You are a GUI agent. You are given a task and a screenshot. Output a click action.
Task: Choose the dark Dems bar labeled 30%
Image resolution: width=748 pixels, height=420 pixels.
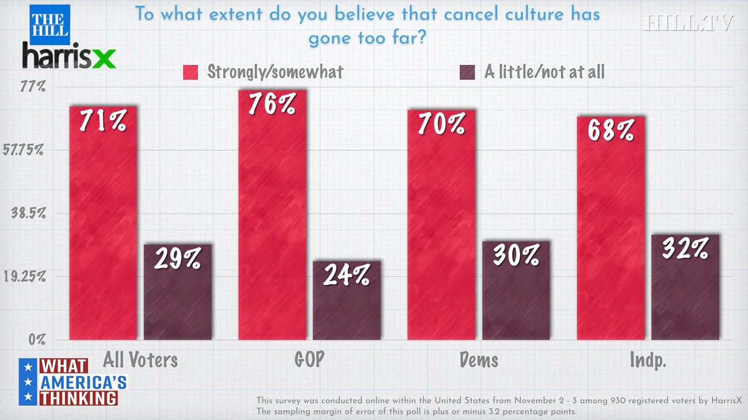tap(516, 290)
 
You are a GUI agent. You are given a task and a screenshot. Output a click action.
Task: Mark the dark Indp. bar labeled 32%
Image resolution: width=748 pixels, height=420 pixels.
tap(685, 287)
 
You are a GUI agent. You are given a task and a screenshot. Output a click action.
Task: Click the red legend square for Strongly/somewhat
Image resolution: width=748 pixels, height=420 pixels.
tap(190, 72)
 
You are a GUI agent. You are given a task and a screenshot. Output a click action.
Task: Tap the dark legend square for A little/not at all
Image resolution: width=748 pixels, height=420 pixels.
tap(467, 72)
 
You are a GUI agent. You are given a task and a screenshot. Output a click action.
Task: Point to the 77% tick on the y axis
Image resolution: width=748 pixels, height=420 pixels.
tap(33, 87)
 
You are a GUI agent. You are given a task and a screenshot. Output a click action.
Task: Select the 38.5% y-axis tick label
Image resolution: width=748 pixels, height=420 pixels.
tap(29, 213)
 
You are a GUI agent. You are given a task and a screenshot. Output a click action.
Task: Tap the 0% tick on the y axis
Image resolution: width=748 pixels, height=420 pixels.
tap(37, 339)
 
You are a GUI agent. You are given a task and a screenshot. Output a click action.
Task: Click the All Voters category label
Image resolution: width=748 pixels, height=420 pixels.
tap(140, 360)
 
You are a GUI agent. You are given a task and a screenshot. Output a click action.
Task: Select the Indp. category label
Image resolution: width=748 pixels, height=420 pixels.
tap(648, 360)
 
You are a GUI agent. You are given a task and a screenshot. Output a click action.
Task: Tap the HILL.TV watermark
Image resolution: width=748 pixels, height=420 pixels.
tap(689, 23)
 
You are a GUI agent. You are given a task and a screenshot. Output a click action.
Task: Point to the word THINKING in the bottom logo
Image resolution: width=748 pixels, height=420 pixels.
tap(79, 398)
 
